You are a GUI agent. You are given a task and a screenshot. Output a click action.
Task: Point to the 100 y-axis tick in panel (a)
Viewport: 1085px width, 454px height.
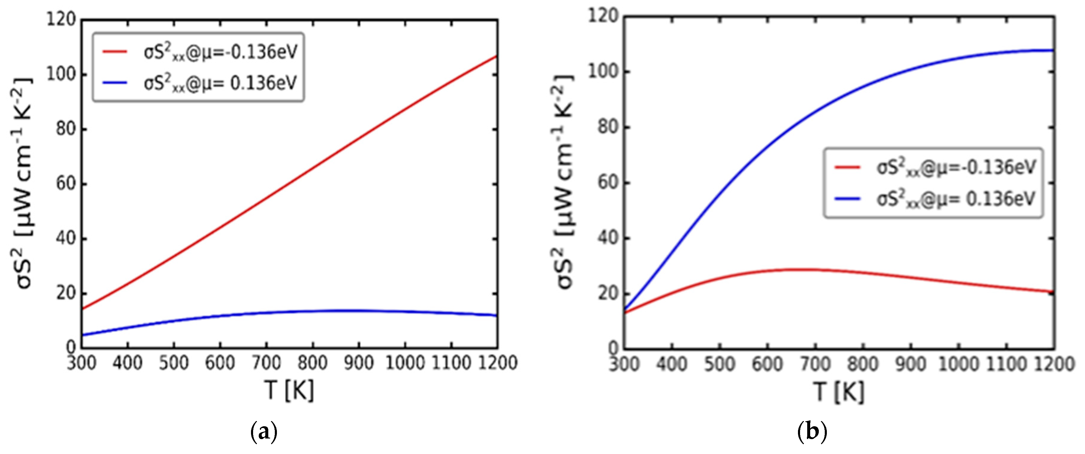coord(60,74)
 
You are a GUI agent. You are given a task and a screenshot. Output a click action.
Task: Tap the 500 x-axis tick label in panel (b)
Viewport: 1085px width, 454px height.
coord(720,364)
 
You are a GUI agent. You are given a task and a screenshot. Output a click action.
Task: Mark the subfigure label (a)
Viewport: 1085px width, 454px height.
coord(264,433)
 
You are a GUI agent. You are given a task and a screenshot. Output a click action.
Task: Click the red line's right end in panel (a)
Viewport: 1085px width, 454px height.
coord(497,56)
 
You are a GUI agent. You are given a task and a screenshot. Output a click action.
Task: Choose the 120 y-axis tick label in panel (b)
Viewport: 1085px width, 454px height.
coord(603,17)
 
